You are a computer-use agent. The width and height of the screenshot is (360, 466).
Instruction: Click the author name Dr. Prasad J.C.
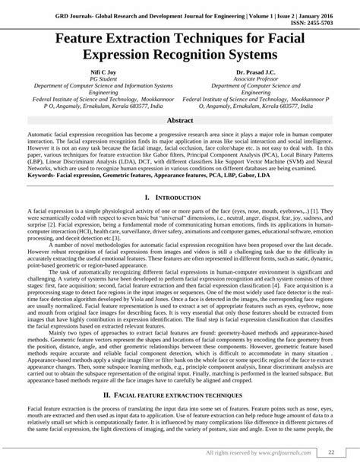click(264, 71)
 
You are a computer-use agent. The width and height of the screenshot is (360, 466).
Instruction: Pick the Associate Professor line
click(264, 78)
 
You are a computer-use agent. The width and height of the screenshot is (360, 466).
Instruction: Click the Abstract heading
click(180, 121)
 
